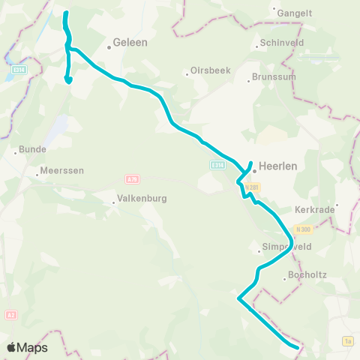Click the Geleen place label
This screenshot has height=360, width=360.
click(130, 43)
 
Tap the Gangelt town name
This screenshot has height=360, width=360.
click(294, 13)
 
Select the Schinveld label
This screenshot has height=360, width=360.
click(279, 43)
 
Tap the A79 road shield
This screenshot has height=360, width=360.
click(130, 178)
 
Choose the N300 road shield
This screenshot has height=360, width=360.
click(303, 229)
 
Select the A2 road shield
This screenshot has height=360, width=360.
click(10, 316)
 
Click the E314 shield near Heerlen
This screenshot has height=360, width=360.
click(217, 165)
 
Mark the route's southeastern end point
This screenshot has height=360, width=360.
click(298, 346)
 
